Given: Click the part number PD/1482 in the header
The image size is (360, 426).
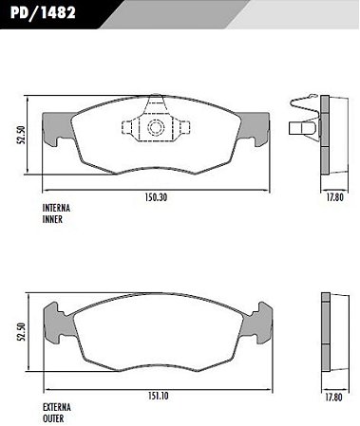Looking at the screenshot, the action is point(43,13).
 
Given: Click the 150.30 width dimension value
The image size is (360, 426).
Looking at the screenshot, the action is point(156,197).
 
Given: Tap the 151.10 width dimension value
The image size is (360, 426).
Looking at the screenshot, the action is point(158,396).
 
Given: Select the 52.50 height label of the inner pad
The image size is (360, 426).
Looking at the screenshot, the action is point(21,135).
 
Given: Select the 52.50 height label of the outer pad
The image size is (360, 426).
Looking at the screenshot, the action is point(21,332).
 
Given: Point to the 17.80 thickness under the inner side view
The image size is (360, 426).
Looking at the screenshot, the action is point(334,197).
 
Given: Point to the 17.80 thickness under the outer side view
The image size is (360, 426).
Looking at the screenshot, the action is point(333,398).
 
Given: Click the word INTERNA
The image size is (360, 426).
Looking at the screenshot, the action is point(56,208).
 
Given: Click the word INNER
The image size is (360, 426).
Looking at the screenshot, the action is point(52,219).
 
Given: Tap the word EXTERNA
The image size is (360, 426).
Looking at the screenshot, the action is point(57,407).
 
